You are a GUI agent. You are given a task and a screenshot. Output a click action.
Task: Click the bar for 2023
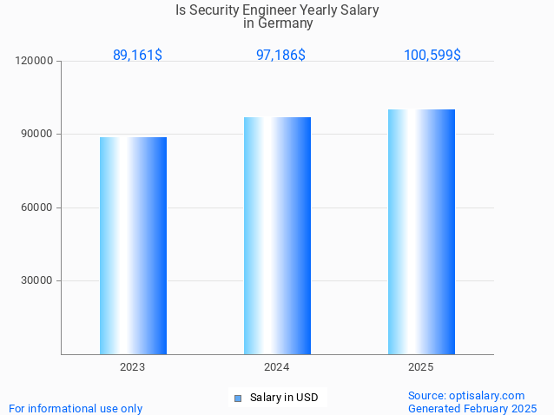point(133,246)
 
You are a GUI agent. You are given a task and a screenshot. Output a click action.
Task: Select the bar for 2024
point(277,235)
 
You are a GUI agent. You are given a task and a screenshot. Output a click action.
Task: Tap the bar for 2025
point(421,232)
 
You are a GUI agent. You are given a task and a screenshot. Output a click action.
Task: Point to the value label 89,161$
point(137,55)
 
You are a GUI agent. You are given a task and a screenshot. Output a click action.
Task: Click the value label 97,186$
point(280,55)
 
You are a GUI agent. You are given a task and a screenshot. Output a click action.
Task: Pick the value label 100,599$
point(432,55)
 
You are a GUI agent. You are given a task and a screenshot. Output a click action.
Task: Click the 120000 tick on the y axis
point(36,61)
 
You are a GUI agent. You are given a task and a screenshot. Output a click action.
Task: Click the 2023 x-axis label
point(133,367)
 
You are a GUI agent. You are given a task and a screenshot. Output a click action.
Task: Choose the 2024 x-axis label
point(277,367)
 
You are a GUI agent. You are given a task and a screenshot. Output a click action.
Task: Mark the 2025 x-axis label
point(421,367)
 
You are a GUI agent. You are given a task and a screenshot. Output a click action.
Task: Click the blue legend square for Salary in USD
point(237,399)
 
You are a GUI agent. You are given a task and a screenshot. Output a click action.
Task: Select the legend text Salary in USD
point(284,398)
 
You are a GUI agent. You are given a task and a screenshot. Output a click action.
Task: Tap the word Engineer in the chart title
point(265,10)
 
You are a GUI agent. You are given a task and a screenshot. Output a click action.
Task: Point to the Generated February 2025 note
point(472,408)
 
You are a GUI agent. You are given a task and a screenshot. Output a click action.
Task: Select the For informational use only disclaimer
point(76,408)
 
